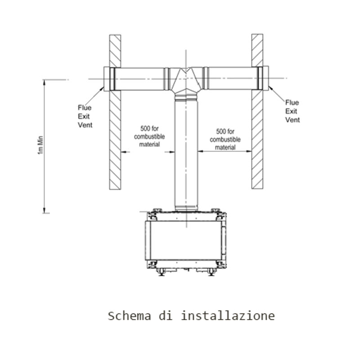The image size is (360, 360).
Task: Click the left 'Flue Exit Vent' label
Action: [85, 116]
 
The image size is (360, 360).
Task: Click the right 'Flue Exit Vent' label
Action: [292, 111]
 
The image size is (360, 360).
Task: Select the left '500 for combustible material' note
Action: [149, 136]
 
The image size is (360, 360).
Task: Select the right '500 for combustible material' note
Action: [225, 139]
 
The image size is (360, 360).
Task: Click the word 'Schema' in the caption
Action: [129, 315]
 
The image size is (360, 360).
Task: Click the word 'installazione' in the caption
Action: [228, 315]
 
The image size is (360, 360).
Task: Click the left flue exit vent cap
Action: [107, 79]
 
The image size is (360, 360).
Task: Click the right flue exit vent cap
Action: [265, 78]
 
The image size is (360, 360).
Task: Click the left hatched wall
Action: [115, 135]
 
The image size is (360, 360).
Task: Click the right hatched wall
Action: [257, 135]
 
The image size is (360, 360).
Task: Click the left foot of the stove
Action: [161, 272]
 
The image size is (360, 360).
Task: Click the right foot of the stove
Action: [211, 272]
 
